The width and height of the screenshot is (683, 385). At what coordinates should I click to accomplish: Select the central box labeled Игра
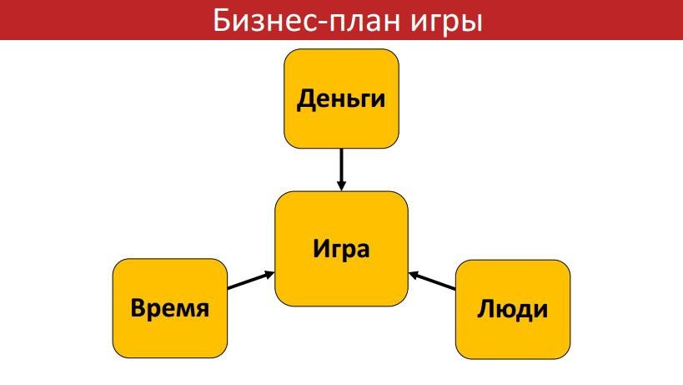pos(341,248)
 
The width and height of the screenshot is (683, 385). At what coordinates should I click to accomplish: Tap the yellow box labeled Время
pos(171,308)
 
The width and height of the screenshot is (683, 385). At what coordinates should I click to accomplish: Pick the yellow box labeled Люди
pos(513,308)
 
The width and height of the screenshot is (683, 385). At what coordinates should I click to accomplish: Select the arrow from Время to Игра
pos(250,281)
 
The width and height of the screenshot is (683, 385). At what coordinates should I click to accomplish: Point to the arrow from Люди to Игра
pos(433,281)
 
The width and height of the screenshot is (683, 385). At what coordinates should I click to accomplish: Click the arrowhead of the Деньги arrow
pos(341,185)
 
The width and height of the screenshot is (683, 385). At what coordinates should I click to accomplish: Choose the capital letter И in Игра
pos(319,248)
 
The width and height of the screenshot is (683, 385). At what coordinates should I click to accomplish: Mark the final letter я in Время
pos(202,310)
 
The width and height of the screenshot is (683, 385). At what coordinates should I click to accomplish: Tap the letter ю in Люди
pos(503,310)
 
